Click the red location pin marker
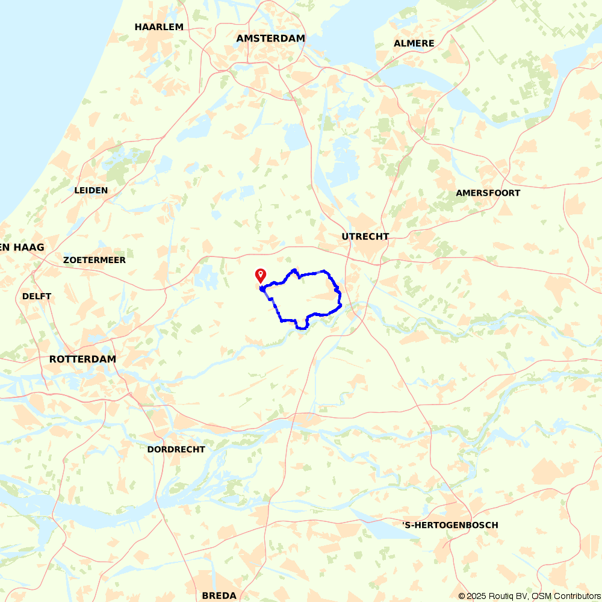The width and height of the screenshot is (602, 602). pyautogui.click(x=261, y=275)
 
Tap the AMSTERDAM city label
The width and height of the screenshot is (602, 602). pyautogui.click(x=271, y=38)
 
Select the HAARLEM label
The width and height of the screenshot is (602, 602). pyautogui.click(x=159, y=26)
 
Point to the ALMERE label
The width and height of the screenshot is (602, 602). pyautogui.click(x=414, y=43)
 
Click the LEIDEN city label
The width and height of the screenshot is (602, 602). pyautogui.click(x=91, y=190)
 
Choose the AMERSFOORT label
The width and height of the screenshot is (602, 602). pyautogui.click(x=488, y=193)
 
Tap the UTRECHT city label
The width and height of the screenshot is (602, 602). pyautogui.click(x=365, y=237)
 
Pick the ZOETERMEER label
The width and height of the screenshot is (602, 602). pyautogui.click(x=95, y=260)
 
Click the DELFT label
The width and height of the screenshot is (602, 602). pyautogui.click(x=37, y=296)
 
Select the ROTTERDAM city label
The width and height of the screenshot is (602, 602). pyautogui.click(x=82, y=359)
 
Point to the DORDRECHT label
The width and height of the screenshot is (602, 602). pyautogui.click(x=176, y=449)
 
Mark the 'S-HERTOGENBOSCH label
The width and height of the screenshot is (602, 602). pyautogui.click(x=450, y=525)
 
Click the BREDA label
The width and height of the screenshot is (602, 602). pyautogui.click(x=219, y=595)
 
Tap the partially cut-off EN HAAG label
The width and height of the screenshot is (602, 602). pyautogui.click(x=22, y=247)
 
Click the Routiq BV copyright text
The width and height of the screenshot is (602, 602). pyautogui.click(x=492, y=596)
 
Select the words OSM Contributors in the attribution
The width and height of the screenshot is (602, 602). pyautogui.click(x=565, y=596)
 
